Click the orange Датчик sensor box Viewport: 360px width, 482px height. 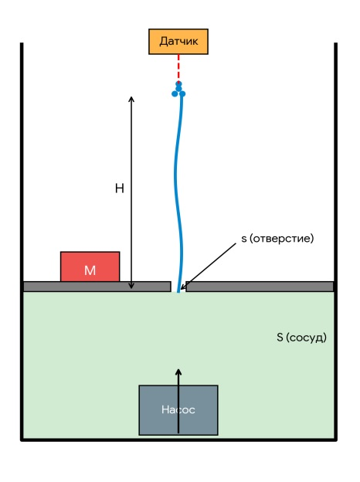pyautogui.click(x=178, y=42)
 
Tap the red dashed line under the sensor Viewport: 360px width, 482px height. pyautogui.click(x=178, y=68)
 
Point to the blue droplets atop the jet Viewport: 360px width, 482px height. pyautogui.click(x=178, y=90)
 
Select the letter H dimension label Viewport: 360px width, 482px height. pyautogui.click(x=120, y=188)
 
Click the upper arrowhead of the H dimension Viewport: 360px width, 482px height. pyautogui.click(x=131, y=99)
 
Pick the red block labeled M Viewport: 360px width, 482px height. pyautogui.click(x=90, y=266)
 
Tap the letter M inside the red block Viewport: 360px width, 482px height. pyautogui.click(x=90, y=270)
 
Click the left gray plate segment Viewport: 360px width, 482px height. pyautogui.click(x=97, y=287)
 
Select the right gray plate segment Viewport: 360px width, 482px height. pyautogui.click(x=260, y=287)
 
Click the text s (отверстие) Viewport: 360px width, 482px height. pyautogui.click(x=277, y=239)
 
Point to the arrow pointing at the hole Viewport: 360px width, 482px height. pyautogui.click(x=209, y=266)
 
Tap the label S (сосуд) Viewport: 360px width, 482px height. pyautogui.click(x=301, y=338)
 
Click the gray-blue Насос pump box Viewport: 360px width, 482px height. pyautogui.click(x=178, y=410)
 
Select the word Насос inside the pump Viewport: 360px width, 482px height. pyautogui.click(x=178, y=409)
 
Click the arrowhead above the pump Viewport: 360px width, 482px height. pyautogui.click(x=178, y=372)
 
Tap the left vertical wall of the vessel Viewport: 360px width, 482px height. pyautogui.click(x=22, y=241)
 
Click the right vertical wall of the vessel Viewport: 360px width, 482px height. pyautogui.click(x=336, y=241)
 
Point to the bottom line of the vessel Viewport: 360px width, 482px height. pyautogui.click(x=178, y=440)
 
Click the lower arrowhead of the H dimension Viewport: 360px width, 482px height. pyautogui.click(x=131, y=286)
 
